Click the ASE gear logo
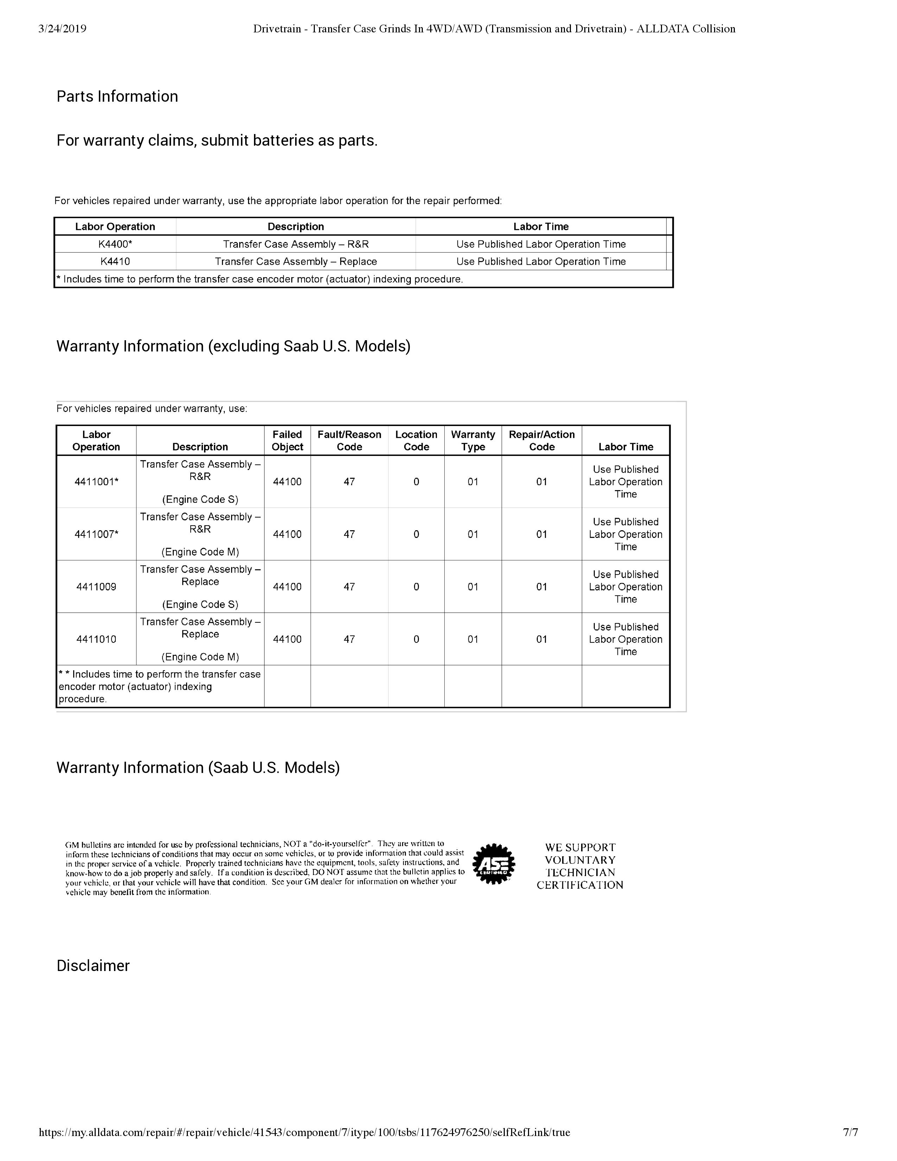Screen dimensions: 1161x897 point(494,863)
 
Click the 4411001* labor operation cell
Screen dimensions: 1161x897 point(96,482)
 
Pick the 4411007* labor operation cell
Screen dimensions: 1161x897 point(96,534)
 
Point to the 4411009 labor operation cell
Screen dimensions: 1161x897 point(96,587)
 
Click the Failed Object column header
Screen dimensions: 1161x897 point(287,441)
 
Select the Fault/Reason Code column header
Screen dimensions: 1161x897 point(349,441)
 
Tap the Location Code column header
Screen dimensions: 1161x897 point(416,441)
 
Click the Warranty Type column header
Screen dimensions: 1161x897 point(473,441)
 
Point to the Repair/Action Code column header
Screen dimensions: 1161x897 point(541,441)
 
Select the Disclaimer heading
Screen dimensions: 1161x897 point(93,965)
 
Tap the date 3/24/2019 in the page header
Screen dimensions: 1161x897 point(62,29)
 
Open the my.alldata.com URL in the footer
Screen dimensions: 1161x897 point(305,1132)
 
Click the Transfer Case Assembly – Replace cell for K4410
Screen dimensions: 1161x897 point(295,261)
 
